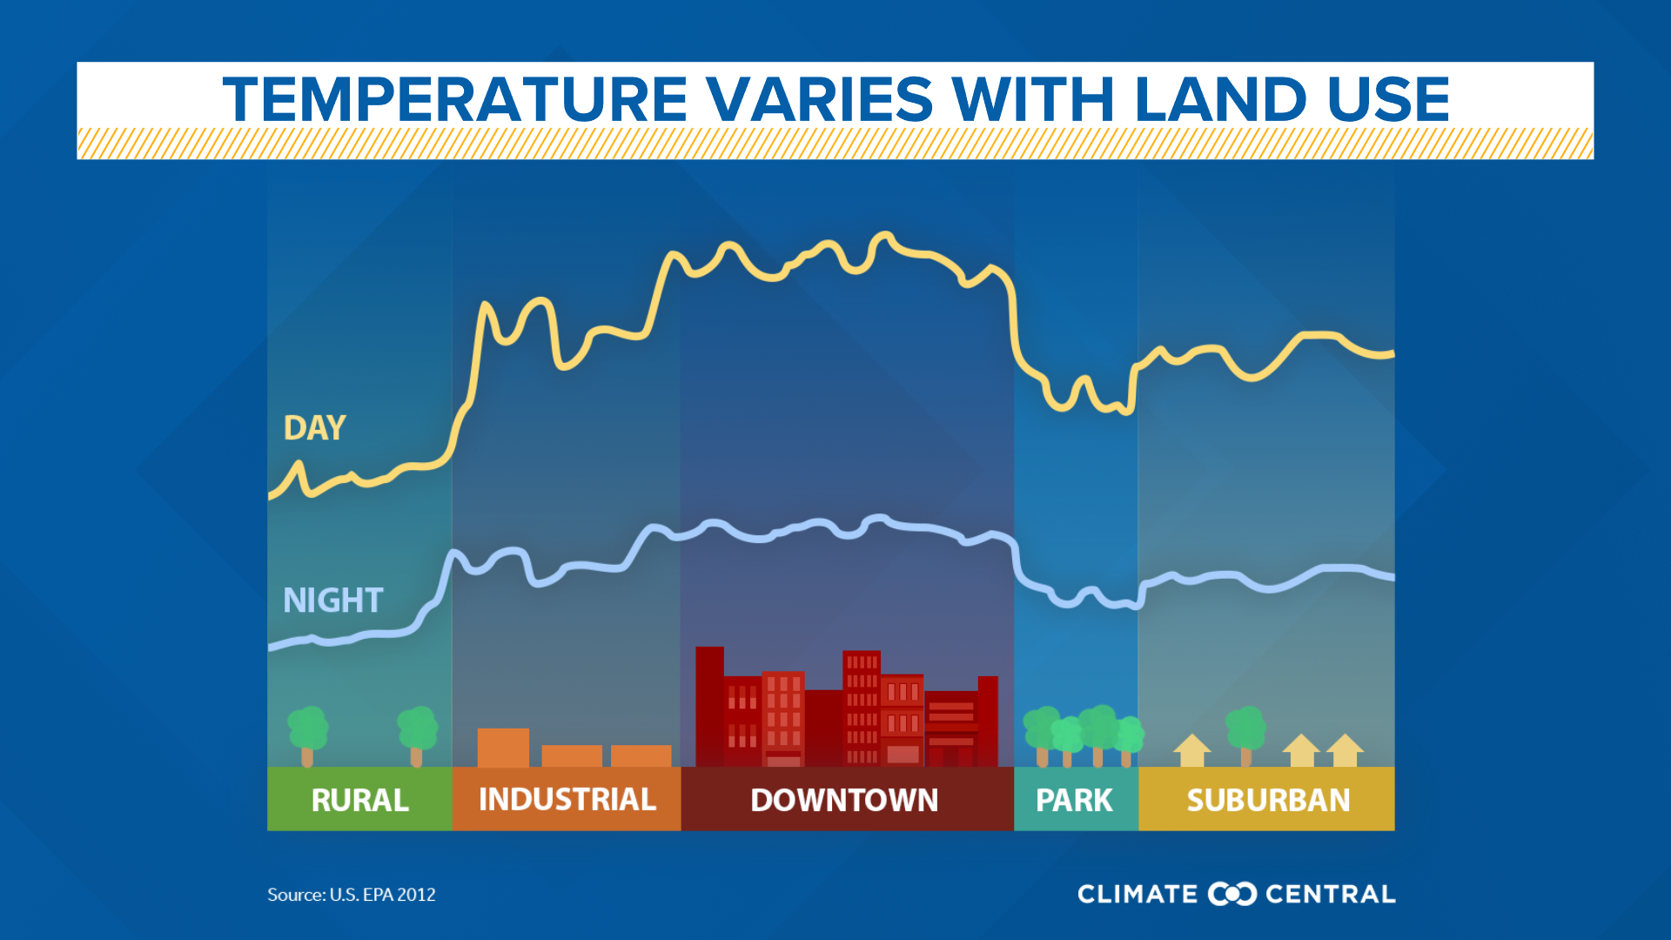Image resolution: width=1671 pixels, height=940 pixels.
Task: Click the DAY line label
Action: coord(314,428)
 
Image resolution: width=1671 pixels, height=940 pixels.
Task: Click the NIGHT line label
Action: coord(332,601)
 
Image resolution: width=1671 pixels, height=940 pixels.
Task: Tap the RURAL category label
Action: coord(359,800)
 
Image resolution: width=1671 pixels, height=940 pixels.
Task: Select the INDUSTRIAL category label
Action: coord(567,799)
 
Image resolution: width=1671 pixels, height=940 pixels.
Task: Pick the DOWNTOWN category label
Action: coord(844,800)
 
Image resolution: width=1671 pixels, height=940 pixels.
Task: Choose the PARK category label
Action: coord(1074,800)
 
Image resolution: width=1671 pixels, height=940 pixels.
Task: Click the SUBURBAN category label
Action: coord(1268,800)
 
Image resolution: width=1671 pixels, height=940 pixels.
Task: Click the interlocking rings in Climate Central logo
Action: coord(1231,894)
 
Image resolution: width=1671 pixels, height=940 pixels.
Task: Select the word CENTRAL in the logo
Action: coord(1330,894)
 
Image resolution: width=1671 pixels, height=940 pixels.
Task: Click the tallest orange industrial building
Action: coord(503,747)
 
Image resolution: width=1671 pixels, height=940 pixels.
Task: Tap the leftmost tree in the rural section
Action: coord(307,734)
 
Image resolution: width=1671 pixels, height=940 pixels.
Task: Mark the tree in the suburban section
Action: coord(1245,734)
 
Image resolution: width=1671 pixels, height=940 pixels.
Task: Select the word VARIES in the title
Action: coord(819,99)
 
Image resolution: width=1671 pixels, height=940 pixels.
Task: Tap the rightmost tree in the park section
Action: coord(1128,739)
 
